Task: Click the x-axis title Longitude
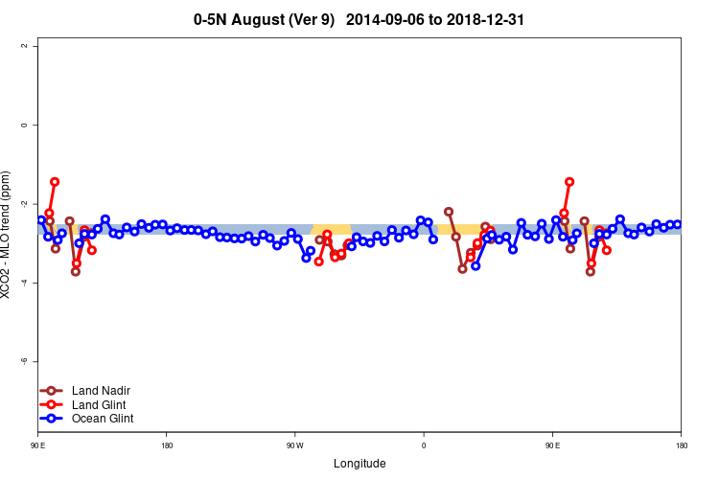(x=359, y=464)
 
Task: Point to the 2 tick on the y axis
(x=35, y=46)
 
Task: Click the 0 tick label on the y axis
(x=35, y=125)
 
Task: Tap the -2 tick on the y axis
(x=35, y=204)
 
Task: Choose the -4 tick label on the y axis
(x=35, y=283)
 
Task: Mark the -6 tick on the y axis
(x=35, y=361)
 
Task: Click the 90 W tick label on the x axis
(x=294, y=445)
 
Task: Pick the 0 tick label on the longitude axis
(x=424, y=445)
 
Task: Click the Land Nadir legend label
(x=101, y=391)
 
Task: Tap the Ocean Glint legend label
(x=103, y=419)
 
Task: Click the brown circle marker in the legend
(x=53, y=391)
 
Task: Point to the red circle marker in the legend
(x=53, y=404)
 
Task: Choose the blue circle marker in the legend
(x=53, y=419)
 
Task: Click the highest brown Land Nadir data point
(x=449, y=212)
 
